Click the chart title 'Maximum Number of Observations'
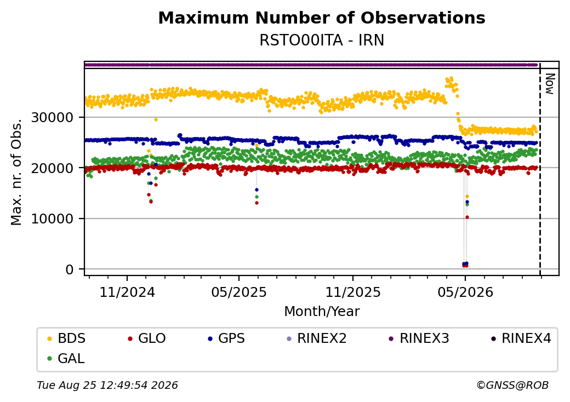(322, 18)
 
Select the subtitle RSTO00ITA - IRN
(322, 41)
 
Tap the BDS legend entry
(66, 338)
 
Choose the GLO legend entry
(146, 338)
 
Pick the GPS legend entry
(226, 338)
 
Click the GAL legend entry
(66, 358)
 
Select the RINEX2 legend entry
(316, 338)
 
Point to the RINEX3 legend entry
(419, 338)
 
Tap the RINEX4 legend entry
(521, 338)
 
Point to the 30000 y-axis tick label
(53, 117)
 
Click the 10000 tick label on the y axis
(53, 219)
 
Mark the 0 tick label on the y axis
(70, 269)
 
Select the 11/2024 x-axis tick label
(127, 292)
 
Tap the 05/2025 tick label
(239, 292)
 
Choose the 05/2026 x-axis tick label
(465, 292)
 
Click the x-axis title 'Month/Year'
(322, 312)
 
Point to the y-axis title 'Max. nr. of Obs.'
(16, 172)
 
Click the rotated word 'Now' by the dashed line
(550, 84)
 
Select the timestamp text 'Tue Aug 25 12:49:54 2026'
(107, 385)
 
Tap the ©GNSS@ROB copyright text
(512, 385)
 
